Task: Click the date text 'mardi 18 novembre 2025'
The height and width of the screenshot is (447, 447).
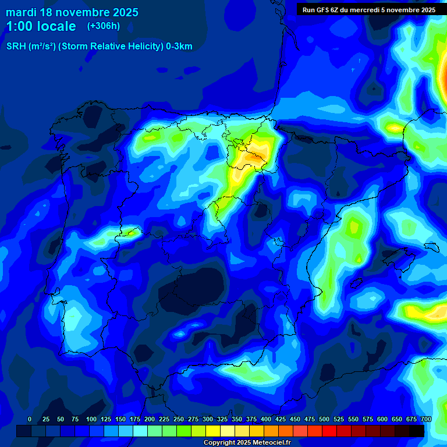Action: [72, 12]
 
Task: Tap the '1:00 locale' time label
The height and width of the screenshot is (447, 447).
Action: [41, 26]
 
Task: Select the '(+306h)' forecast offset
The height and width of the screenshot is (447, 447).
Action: [103, 26]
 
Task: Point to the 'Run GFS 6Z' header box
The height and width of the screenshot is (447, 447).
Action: [368, 10]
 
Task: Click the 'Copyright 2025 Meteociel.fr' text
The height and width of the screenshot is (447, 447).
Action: [247, 443]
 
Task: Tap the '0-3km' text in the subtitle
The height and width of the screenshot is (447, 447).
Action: [179, 47]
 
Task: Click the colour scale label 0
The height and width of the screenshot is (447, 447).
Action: [30, 420]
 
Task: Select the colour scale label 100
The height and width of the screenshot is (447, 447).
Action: [91, 420]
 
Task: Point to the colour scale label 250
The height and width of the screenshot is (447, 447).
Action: [179, 420]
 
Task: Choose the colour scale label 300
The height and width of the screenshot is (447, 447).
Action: [208, 420]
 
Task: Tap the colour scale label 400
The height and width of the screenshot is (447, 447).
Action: [266, 420]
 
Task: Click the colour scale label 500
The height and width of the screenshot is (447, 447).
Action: [324, 420]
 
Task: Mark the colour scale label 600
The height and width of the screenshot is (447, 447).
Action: [382, 420]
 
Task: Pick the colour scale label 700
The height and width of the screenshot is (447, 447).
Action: [426, 420]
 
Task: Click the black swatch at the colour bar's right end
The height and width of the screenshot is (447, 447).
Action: [417, 431]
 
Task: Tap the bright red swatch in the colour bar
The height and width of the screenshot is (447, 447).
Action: [329, 431]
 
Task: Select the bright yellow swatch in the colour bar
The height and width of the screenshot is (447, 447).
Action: [213, 431]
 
